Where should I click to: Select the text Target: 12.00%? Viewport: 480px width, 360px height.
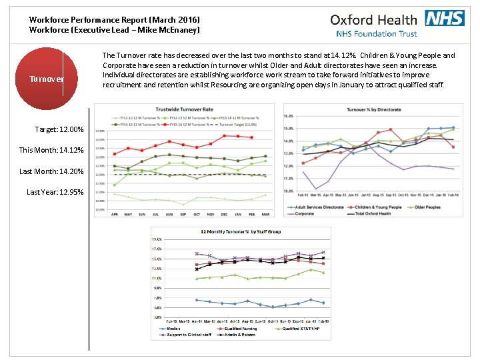coord(59,129)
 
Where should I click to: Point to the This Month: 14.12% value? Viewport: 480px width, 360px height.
coord(51,150)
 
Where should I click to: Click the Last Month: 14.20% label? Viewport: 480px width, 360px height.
coord(51,171)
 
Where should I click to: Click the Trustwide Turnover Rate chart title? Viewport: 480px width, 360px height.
coord(185,109)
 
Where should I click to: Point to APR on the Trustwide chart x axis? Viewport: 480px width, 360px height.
coord(115,214)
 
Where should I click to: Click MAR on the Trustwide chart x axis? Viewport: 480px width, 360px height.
coord(265,214)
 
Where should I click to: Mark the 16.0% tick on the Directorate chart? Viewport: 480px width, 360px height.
coord(289,115)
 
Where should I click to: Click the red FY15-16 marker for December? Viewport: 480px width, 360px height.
coord(225,135)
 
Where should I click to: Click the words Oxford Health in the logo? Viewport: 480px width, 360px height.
coord(373,19)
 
